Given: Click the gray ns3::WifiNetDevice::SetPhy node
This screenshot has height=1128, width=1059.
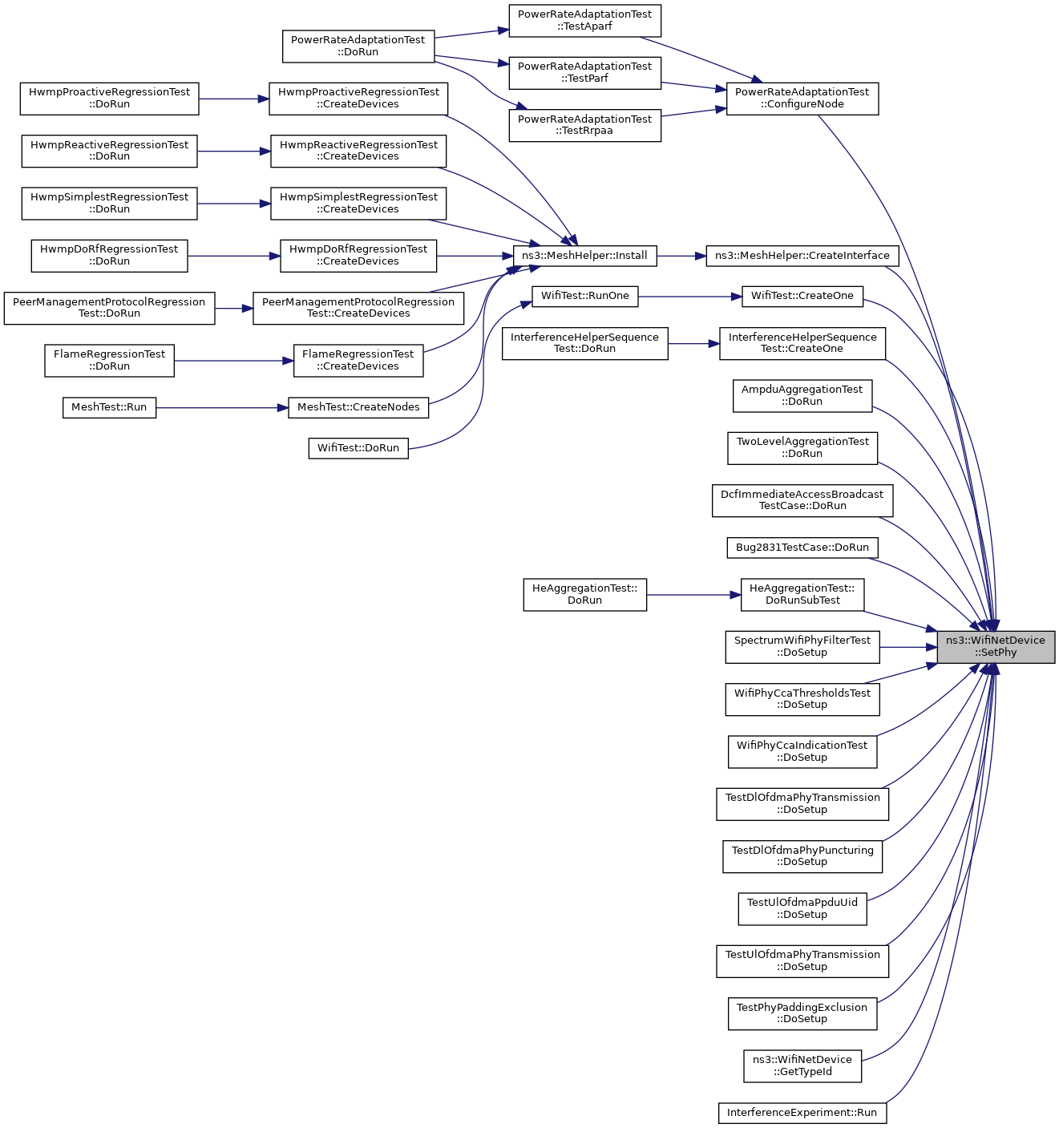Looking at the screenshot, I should [x=995, y=646].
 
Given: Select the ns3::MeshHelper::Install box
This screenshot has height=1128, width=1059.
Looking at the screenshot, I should [x=584, y=256].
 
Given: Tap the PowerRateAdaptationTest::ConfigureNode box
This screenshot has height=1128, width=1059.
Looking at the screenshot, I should [x=802, y=98].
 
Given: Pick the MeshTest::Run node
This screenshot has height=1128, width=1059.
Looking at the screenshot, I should [x=109, y=407].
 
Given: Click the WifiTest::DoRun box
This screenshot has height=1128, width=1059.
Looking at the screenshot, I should [x=358, y=448].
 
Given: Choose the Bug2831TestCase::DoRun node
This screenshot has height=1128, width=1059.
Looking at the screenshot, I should [x=802, y=548].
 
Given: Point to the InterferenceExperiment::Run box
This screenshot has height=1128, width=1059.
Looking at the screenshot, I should [x=802, y=1113].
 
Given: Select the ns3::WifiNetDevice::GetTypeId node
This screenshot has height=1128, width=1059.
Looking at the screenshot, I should [x=802, y=1065].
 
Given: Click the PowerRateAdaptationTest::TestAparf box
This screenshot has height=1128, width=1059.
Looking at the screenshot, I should [x=584, y=20].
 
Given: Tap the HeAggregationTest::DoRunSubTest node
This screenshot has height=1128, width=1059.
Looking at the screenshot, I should [x=802, y=594].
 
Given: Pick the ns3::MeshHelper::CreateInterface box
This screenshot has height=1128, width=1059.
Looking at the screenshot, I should [x=802, y=256].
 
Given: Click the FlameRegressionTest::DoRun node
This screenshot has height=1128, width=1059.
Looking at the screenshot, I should [x=109, y=360].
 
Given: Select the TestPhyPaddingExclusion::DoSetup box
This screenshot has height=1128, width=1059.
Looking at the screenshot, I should [x=802, y=1013].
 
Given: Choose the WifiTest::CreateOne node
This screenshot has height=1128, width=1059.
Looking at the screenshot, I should [x=802, y=296].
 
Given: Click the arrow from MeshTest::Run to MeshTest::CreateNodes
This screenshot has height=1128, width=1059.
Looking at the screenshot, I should [x=222, y=408].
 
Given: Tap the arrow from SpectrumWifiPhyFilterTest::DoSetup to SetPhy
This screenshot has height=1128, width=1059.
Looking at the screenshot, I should [x=908, y=647].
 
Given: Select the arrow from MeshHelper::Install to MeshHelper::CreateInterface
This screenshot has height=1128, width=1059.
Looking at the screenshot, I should [x=681, y=256].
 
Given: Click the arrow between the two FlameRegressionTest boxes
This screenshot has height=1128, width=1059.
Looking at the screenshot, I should [x=233, y=361].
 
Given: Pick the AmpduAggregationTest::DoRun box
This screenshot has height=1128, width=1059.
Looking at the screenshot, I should [x=802, y=395].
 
